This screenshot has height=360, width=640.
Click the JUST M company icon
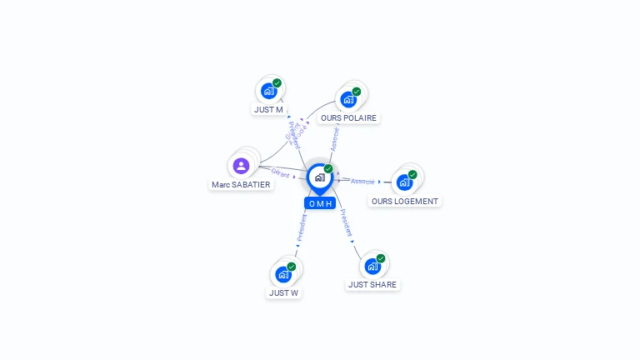pyautogui.click(x=268, y=91)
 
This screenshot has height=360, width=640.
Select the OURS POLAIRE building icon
pyautogui.click(x=348, y=99)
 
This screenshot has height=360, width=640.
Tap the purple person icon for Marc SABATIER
pyautogui.click(x=242, y=166)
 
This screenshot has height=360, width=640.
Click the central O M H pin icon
pyautogui.click(x=319, y=177)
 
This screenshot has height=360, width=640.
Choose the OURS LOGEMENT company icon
pyautogui.click(x=404, y=182)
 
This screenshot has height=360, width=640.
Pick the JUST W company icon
pyautogui.click(x=283, y=274)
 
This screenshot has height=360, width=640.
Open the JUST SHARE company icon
pyautogui.click(x=372, y=266)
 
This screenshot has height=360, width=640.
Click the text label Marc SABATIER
pyautogui.click(x=241, y=184)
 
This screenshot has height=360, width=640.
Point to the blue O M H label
pyautogui.click(x=320, y=203)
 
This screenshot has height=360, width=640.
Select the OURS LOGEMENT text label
pyautogui.click(x=404, y=201)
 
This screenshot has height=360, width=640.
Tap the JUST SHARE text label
pyautogui.click(x=373, y=284)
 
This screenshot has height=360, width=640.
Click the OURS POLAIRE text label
pyautogui.click(x=348, y=117)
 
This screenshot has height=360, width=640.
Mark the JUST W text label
pyautogui.click(x=283, y=292)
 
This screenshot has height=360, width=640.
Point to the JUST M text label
pyautogui.click(x=268, y=109)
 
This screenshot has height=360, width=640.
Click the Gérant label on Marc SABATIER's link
pyautogui.click(x=280, y=172)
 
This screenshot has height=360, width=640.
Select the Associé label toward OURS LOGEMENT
pyautogui.click(x=362, y=181)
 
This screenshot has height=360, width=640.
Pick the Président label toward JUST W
pyautogui.click(x=302, y=227)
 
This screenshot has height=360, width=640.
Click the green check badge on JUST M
pyautogui.click(x=277, y=83)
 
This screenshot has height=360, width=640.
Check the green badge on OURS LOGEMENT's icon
pyautogui.click(x=412, y=175)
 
